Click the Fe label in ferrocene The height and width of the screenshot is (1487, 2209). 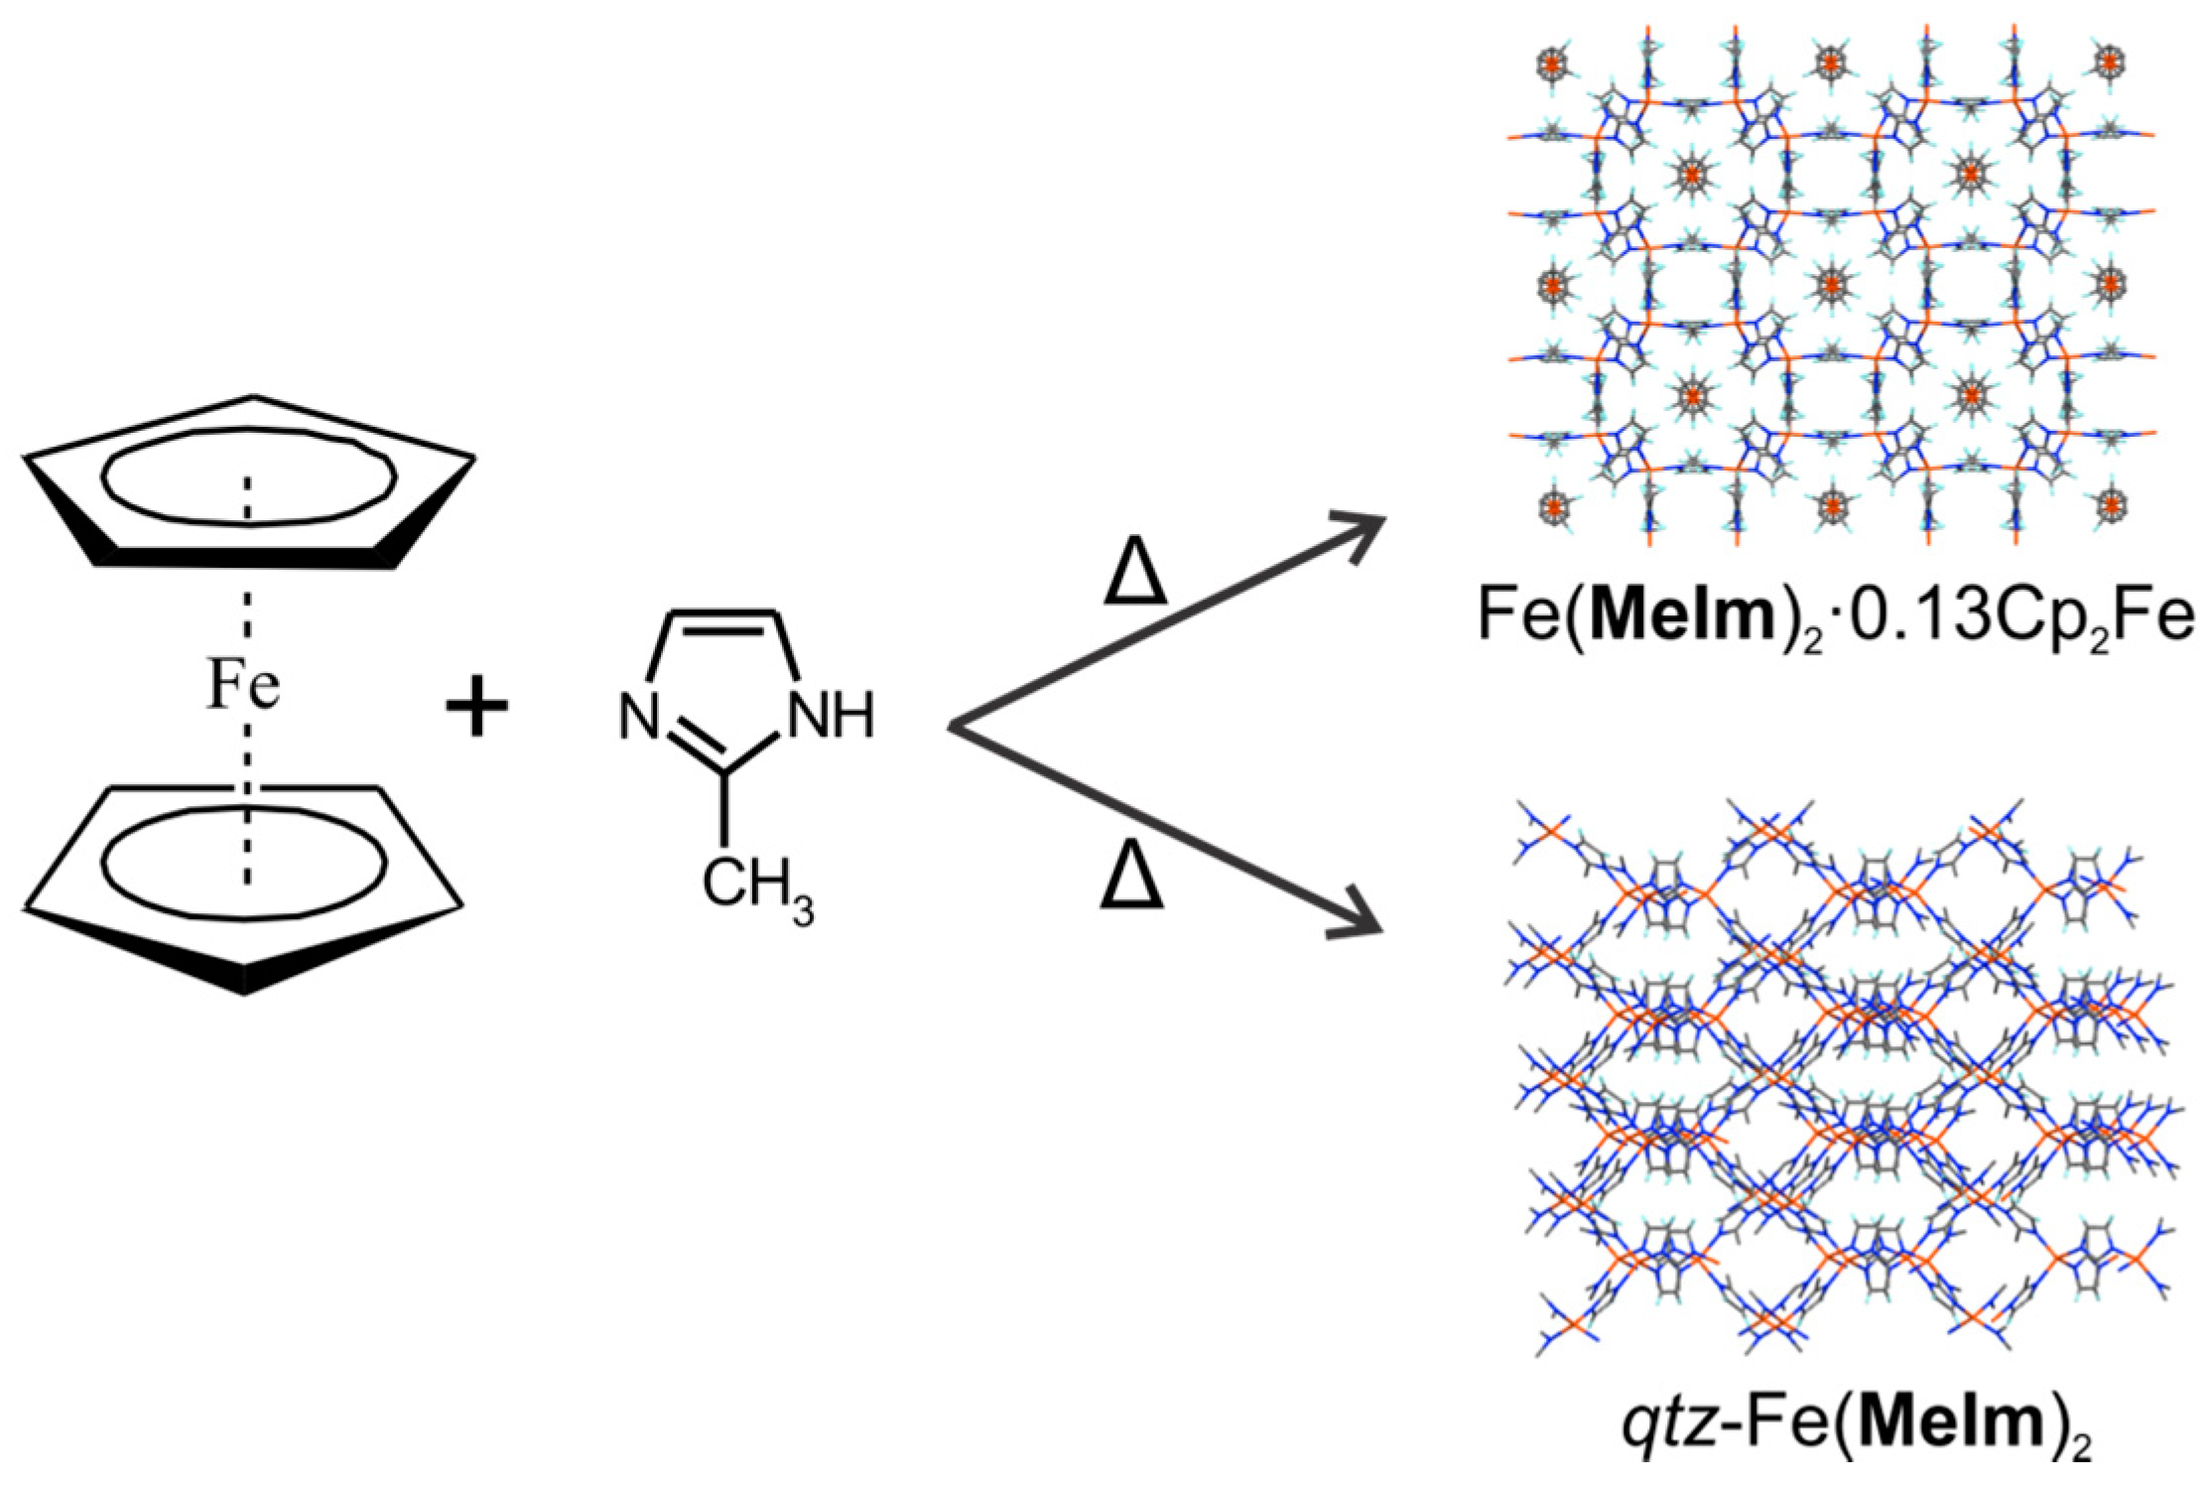coord(243,688)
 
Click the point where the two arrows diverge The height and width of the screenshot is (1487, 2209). coord(953,728)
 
